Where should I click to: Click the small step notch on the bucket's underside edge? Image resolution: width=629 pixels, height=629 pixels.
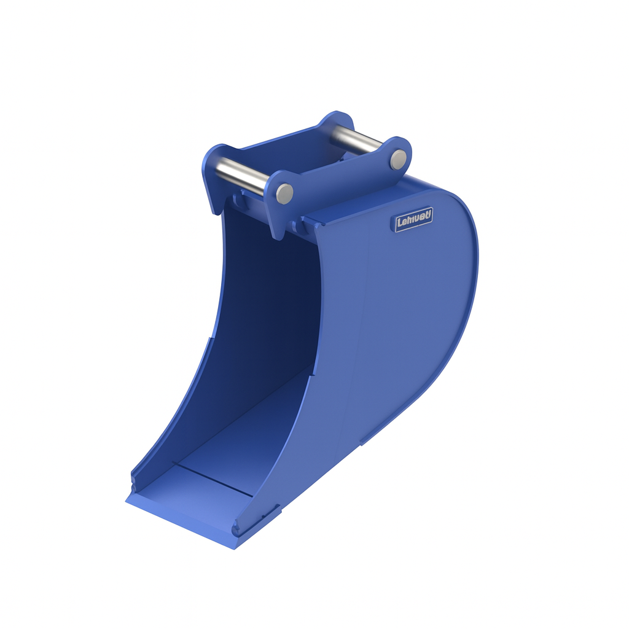pos(362,440)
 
